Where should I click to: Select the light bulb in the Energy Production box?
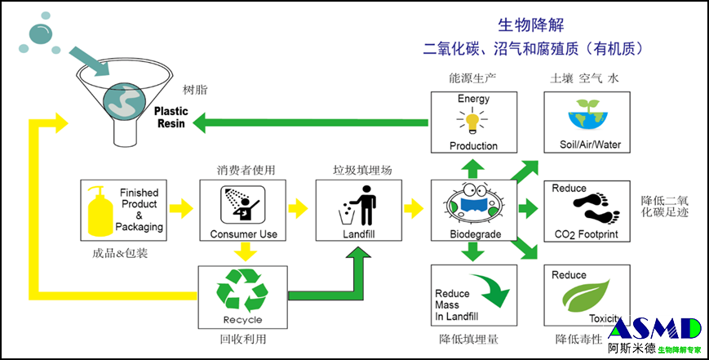coord(472,122)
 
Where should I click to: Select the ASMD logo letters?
coord(654,329)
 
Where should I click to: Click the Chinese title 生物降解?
coord(531,24)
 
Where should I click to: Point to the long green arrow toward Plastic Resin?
coord(310,124)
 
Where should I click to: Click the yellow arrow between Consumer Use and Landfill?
coord(299,209)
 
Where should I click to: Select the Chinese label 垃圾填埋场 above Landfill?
coord(362,170)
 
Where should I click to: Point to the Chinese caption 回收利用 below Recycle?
coord(242,338)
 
